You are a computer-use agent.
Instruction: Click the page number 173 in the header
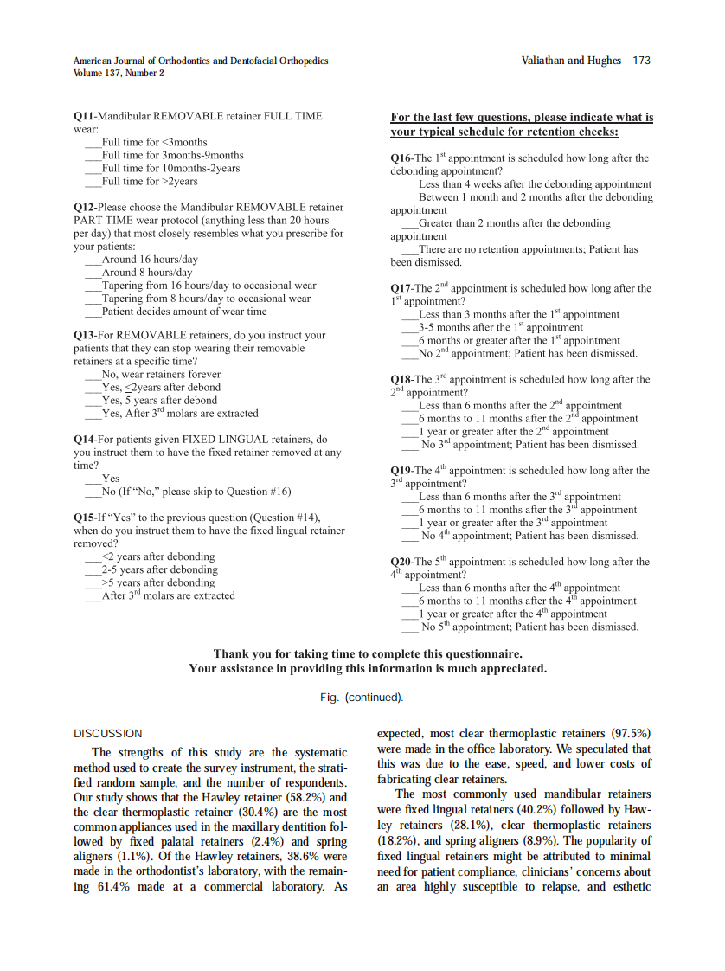pos(641,61)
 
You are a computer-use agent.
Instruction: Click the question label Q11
pos(84,116)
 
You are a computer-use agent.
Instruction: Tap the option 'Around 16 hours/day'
pos(149,260)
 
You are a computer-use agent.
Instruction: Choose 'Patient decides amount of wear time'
pos(183,312)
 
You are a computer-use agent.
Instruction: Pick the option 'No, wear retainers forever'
pos(161,375)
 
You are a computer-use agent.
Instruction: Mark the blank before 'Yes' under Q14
pos(93,479)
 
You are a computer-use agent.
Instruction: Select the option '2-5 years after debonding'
pos(159,570)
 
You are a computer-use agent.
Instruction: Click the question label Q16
pos(401,158)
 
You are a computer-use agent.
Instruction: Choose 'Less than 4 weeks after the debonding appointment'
pos(534,184)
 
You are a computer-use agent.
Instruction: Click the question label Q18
pos(401,380)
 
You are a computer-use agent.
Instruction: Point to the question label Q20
pos(401,562)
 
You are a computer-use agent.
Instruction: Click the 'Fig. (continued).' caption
pos(362,698)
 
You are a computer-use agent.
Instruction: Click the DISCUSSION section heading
pos(107,734)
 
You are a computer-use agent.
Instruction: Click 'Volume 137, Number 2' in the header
pos(119,74)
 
